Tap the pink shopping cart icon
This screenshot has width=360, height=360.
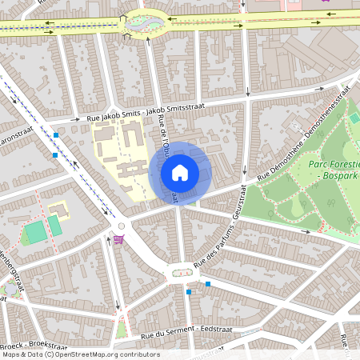click(119, 238)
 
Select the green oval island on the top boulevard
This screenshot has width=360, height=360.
click(142, 22)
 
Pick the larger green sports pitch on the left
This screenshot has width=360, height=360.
click(34, 233)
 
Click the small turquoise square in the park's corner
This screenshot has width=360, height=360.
click(354, 118)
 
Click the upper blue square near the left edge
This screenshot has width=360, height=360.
click(54, 134)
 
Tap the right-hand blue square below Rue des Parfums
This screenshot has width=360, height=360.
click(207, 284)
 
